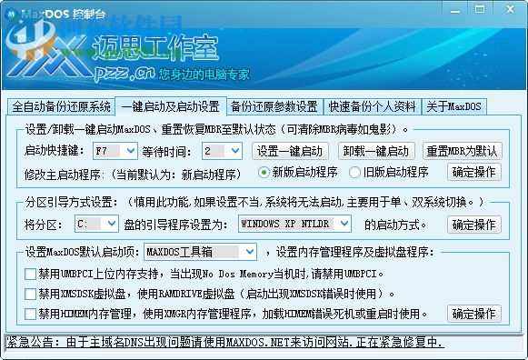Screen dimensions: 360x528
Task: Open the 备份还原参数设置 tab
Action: [x=274, y=105]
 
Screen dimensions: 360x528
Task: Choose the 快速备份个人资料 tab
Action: [x=373, y=105]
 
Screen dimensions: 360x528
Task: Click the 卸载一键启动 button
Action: [x=377, y=151]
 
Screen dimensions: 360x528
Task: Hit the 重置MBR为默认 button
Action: [x=462, y=151]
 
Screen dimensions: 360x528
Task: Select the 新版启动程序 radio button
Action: [x=264, y=172]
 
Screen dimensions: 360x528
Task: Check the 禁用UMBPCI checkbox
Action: [x=32, y=273]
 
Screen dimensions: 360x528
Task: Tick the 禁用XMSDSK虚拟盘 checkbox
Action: [x=32, y=294]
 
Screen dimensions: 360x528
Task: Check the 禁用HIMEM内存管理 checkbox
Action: [x=32, y=314]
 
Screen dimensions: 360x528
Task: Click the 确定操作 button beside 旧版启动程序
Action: [x=473, y=172]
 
